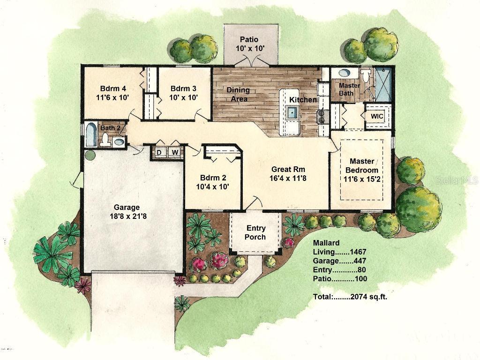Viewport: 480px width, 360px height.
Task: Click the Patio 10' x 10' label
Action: click(x=249, y=44)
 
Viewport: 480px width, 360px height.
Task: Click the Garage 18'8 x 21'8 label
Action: click(x=127, y=212)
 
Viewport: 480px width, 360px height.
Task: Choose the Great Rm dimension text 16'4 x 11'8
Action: click(x=288, y=178)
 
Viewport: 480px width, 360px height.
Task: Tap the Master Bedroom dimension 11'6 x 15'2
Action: click(x=361, y=179)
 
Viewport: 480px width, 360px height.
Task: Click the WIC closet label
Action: click(x=377, y=116)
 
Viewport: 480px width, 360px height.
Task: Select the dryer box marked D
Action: click(x=159, y=152)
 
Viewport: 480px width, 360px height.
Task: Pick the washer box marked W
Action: click(x=174, y=152)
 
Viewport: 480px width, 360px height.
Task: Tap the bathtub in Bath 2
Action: click(x=91, y=135)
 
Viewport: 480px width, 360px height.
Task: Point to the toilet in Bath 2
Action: click(x=106, y=139)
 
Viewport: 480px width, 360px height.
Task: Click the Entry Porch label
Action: click(x=255, y=232)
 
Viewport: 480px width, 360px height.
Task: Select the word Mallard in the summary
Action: click(x=326, y=243)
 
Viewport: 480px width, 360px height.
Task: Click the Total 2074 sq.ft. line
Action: click(x=350, y=296)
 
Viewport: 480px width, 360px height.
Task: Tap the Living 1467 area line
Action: click(x=339, y=252)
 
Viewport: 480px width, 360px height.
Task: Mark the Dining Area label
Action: click(x=238, y=94)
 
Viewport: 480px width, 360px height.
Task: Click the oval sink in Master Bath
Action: click(x=345, y=74)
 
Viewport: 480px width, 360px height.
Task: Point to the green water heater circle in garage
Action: click(x=90, y=155)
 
